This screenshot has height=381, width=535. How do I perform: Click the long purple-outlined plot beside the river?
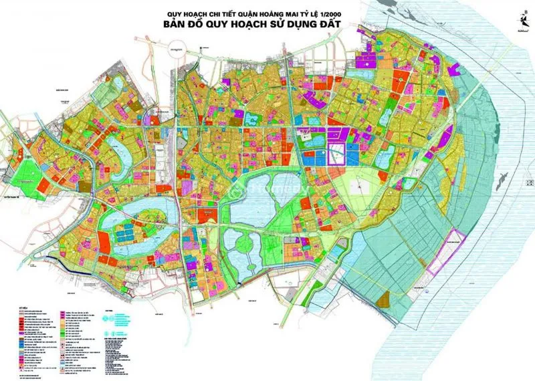445,251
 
